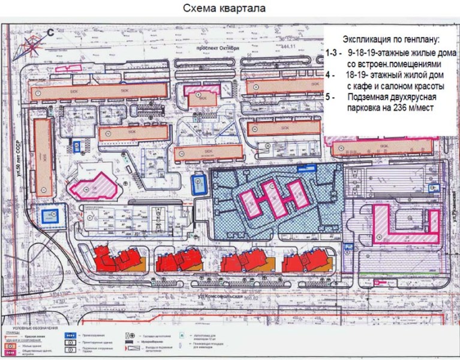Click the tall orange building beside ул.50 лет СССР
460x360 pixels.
pyautogui.click(x=43, y=157)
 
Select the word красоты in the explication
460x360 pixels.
pyautogui.click(x=419, y=86)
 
